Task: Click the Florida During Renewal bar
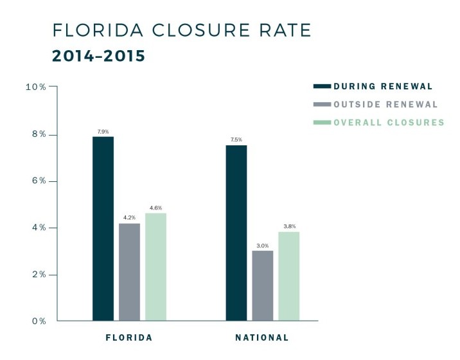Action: click(103, 228)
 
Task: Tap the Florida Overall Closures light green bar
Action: click(155, 267)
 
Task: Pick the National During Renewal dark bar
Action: click(236, 233)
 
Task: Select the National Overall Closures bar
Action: click(288, 276)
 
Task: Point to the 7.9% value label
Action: click(103, 131)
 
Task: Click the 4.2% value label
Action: click(129, 218)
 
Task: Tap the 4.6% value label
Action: click(155, 208)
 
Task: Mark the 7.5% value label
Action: click(236, 140)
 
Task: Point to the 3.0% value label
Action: click(262, 245)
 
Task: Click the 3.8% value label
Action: click(288, 226)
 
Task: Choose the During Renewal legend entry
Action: click(382, 86)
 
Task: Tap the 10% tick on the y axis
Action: click(36, 87)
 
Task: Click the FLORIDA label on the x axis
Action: click(129, 337)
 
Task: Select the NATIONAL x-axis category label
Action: click(262, 337)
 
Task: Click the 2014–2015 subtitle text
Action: click(98, 57)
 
